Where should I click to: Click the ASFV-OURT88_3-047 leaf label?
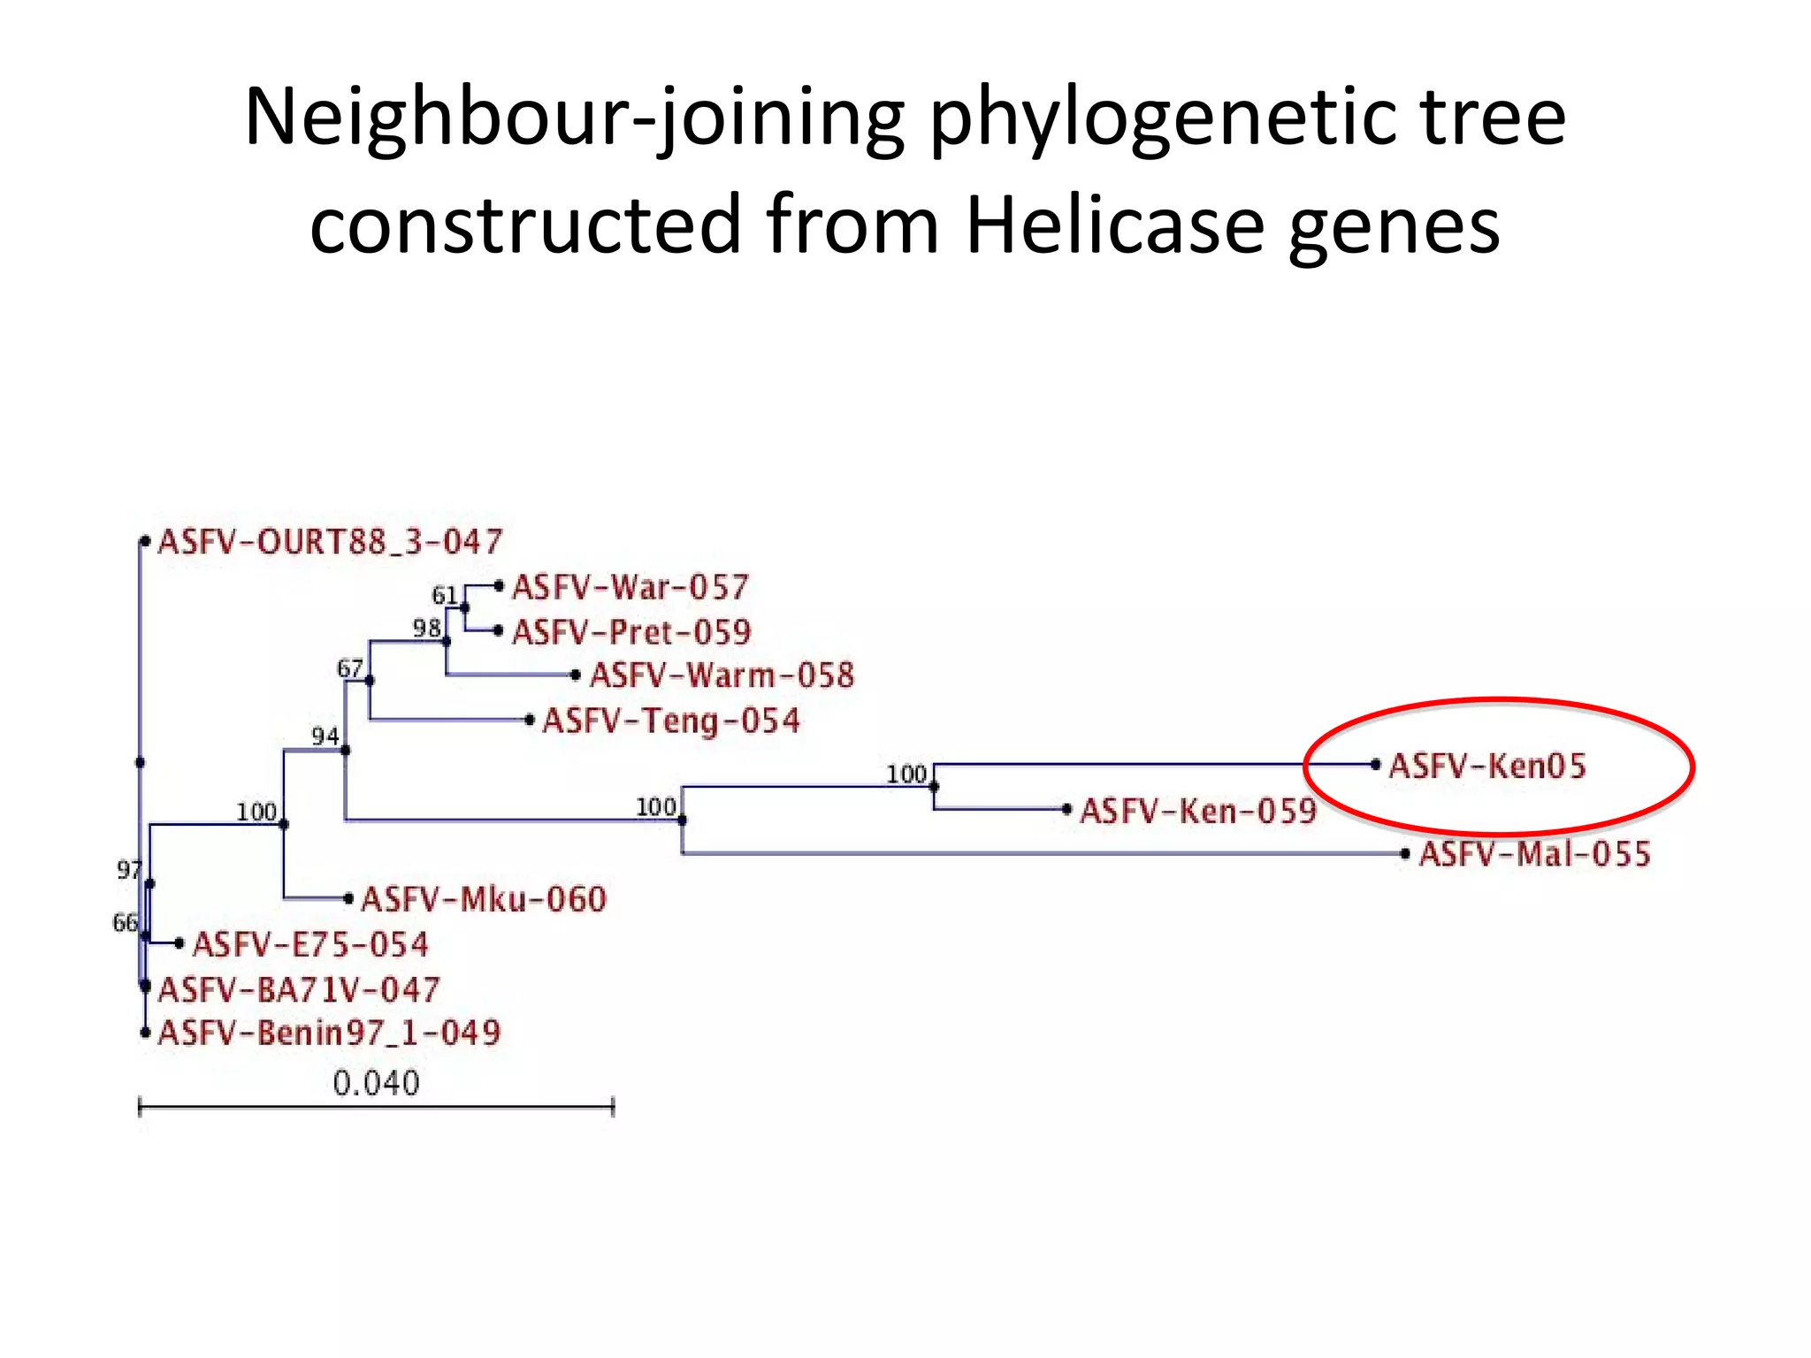[330, 541]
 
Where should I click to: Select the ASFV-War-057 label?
[630, 587]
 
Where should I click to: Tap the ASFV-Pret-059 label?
[631, 632]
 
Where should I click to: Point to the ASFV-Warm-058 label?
[722, 675]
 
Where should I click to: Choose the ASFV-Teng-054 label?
[671, 721]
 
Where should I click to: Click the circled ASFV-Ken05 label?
[1487, 766]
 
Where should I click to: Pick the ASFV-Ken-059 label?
[1198, 811]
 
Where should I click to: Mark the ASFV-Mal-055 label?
[1534, 854]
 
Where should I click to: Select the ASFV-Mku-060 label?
[484, 899]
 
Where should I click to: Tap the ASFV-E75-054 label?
[310, 944]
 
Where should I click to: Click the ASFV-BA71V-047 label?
[298, 989]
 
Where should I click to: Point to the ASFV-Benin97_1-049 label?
[329, 1033]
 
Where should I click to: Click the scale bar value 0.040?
[376, 1083]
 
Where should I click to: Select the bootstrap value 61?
[444, 595]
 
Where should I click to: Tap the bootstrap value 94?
[325, 736]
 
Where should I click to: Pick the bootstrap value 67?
[349, 668]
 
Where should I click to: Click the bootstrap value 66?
[125, 923]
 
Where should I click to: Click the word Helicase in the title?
[1114, 225]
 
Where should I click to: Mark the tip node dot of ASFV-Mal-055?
[1405, 854]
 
